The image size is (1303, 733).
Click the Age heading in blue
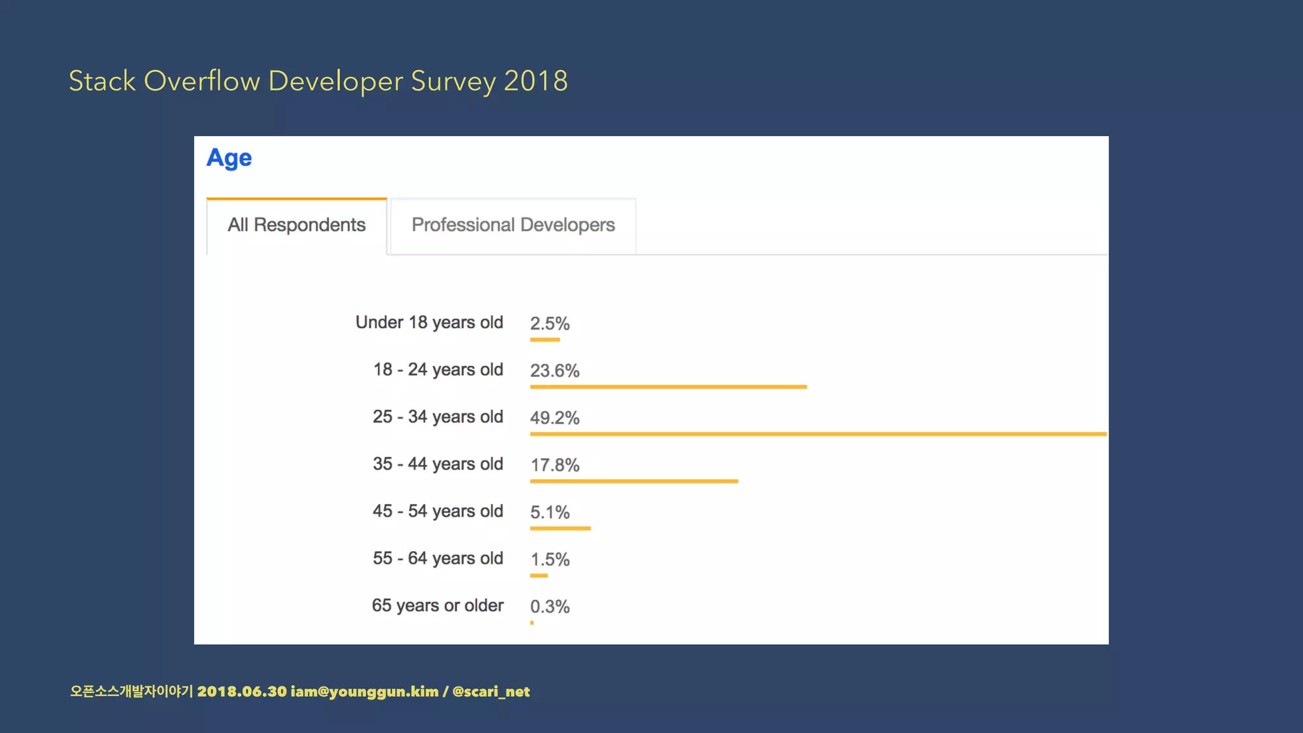[x=229, y=158]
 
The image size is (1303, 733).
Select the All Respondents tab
[x=296, y=225]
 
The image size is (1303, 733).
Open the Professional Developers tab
[x=513, y=225]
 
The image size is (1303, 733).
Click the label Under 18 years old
[x=429, y=323]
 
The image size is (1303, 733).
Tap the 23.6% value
[x=555, y=371]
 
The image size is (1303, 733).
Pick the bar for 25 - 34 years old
[x=818, y=434]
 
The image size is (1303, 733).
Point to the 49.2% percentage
[x=555, y=418]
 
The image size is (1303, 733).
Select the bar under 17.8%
[x=634, y=481]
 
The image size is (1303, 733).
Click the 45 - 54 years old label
[x=438, y=511]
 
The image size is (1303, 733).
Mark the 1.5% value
[x=550, y=560]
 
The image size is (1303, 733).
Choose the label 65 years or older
[x=438, y=605]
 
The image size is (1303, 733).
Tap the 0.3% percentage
[x=550, y=607]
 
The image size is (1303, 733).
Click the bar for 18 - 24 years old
[x=668, y=387]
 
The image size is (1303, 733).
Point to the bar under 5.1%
[x=560, y=528]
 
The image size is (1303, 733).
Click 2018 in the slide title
[x=536, y=81]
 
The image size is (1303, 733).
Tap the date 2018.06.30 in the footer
[x=242, y=692]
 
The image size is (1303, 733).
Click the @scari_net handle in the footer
[x=491, y=692]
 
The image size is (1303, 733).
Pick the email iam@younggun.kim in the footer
[x=365, y=692]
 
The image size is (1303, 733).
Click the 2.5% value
[x=550, y=324]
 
